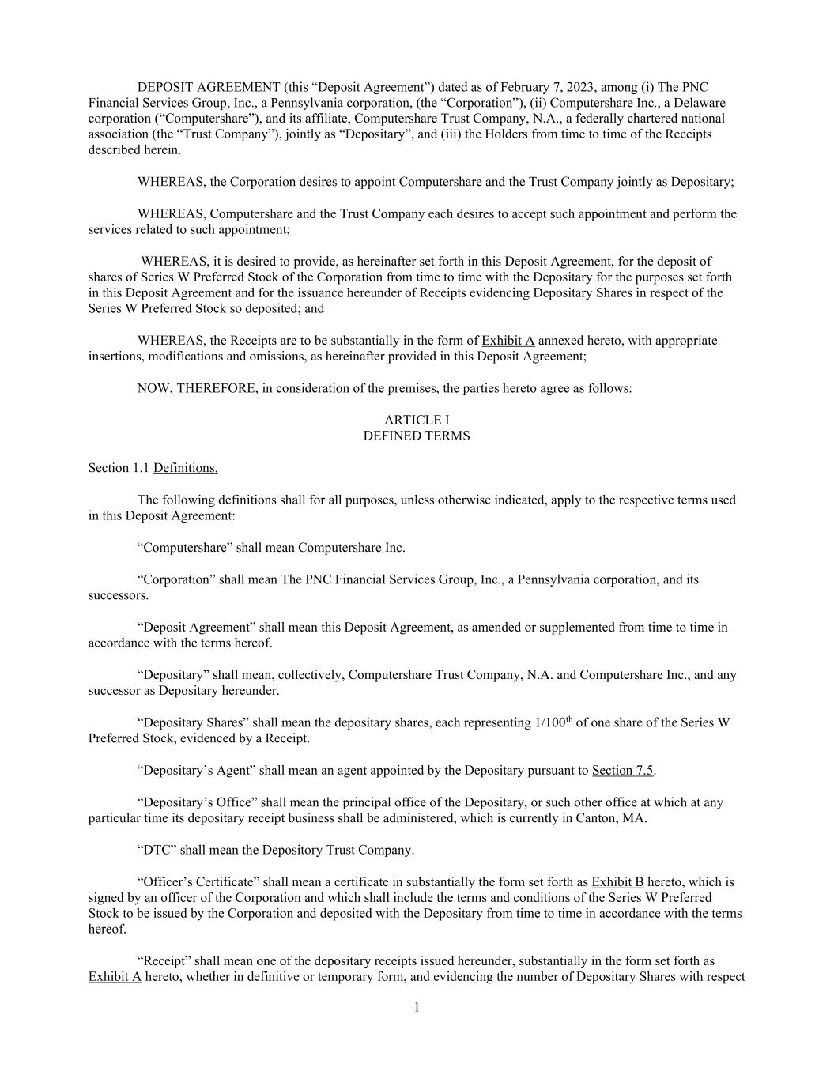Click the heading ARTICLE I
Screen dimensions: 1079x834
pos(417,420)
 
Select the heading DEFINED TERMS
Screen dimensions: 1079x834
pos(417,436)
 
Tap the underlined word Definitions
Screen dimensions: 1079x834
pos(186,468)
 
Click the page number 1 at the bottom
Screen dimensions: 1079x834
pos(417,1007)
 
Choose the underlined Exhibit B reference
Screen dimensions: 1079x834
pos(617,881)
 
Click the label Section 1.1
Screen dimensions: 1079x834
pos(119,468)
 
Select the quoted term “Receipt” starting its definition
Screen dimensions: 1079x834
pos(164,961)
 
